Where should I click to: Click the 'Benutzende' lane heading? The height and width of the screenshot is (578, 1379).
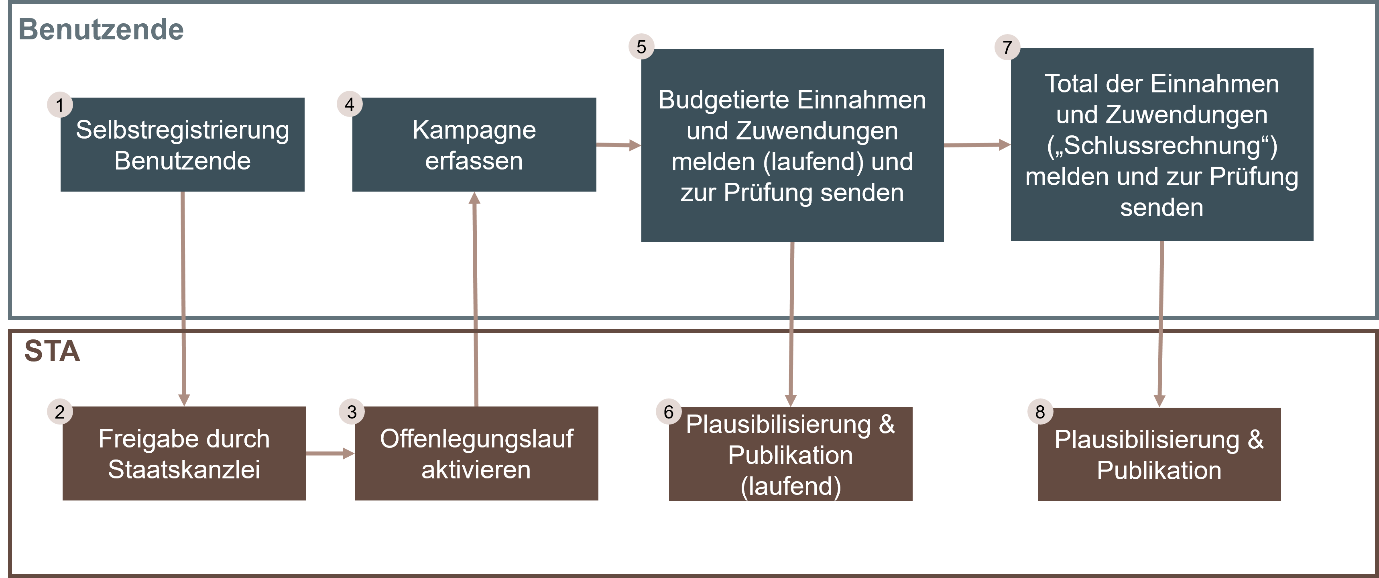point(101,29)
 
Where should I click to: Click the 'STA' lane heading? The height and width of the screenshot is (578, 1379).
point(52,351)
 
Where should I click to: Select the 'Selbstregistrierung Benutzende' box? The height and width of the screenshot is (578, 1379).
point(183,145)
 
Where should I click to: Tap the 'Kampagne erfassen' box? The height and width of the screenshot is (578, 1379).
point(474,145)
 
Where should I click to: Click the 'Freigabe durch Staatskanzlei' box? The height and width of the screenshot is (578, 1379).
point(184,454)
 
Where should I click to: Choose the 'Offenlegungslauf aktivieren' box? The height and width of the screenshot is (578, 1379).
point(476,454)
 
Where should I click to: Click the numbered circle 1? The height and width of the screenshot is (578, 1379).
point(60,104)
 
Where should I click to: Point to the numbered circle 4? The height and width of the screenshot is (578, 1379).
point(350,104)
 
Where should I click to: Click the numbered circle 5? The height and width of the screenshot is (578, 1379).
point(641,47)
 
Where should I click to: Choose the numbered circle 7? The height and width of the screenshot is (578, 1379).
point(1007,47)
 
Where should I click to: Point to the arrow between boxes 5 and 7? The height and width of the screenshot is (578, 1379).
point(976,145)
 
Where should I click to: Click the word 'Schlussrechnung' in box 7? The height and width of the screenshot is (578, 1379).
point(1161,146)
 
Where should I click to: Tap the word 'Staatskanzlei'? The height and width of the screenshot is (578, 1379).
point(184,470)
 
